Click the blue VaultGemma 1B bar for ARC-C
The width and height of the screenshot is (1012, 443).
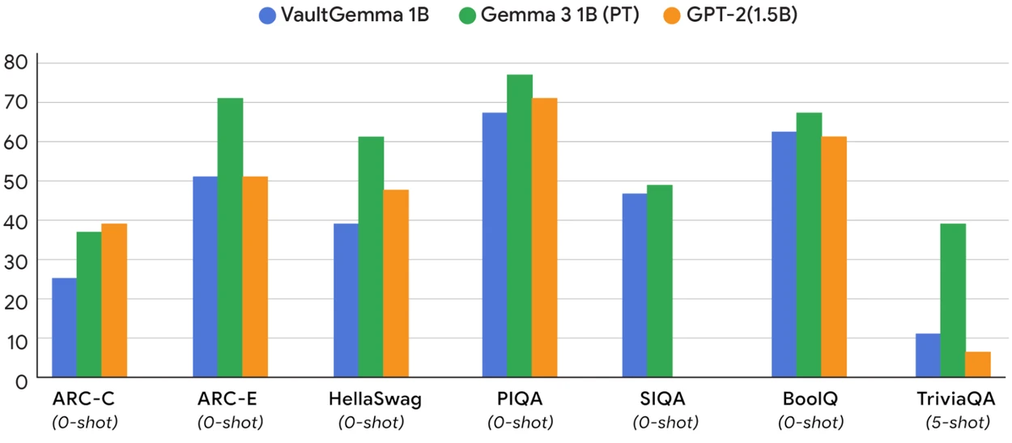pyautogui.click(x=64, y=327)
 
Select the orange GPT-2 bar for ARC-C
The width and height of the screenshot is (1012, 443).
pyautogui.click(x=114, y=300)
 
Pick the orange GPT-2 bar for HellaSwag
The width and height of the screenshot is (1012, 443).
pyautogui.click(x=396, y=283)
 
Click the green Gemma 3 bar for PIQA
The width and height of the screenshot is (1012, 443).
pyautogui.click(x=519, y=226)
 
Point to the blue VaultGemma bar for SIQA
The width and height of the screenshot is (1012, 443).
pyautogui.click(x=634, y=285)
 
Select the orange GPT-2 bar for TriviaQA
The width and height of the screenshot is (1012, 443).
pyautogui.click(x=977, y=364)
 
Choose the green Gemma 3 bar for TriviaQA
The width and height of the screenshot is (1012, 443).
pyautogui.click(x=953, y=300)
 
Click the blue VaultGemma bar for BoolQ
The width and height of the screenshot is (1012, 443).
pyautogui.click(x=784, y=254)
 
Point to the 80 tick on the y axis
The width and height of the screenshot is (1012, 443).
pyautogui.click(x=16, y=62)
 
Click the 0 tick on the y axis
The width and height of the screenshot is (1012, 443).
pyautogui.click(x=22, y=378)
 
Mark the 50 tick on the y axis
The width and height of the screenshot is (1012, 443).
pyautogui.click(x=16, y=181)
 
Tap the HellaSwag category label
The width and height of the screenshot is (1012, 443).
pyautogui.click(x=375, y=399)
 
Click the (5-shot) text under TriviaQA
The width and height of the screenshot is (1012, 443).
pyautogui.click(x=957, y=422)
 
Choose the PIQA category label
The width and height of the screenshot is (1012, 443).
pyautogui.click(x=520, y=399)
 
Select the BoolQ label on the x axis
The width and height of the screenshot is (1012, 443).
pyautogui.click(x=810, y=399)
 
